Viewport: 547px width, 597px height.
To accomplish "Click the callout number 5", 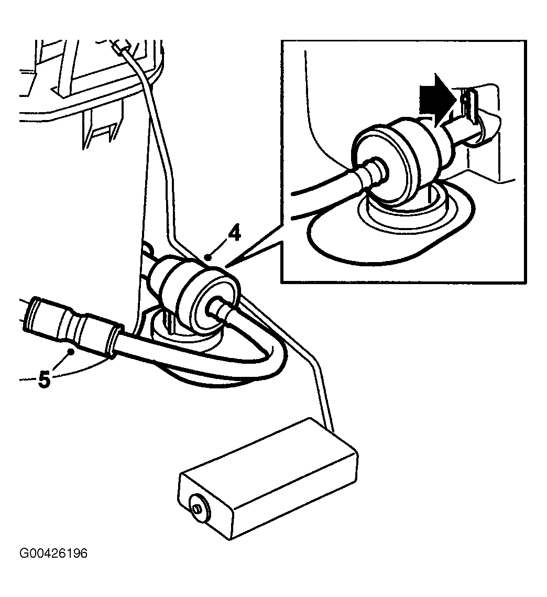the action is click(45, 380).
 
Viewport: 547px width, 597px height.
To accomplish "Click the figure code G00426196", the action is click(53, 553).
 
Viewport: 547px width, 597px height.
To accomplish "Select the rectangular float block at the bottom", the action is click(269, 478).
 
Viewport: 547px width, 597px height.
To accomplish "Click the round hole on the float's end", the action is click(199, 508).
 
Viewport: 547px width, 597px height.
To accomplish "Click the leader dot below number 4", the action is click(207, 257).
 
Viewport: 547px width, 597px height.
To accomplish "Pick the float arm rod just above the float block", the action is click(324, 400).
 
